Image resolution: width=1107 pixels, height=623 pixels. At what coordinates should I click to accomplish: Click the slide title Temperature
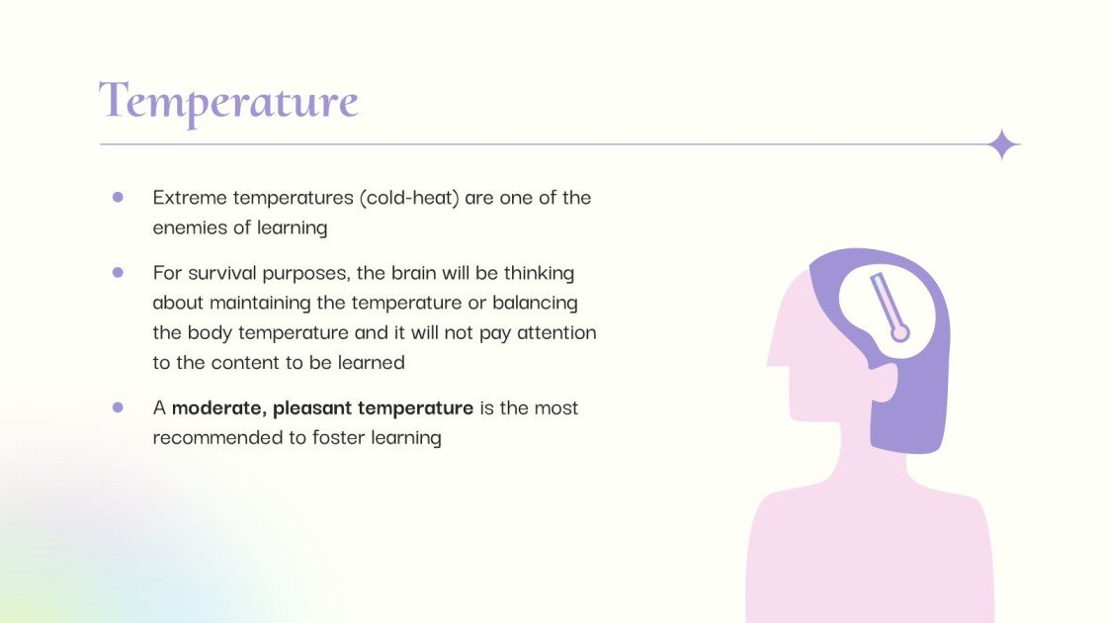[x=228, y=102]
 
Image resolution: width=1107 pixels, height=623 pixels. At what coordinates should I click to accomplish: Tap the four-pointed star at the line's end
[x=1002, y=145]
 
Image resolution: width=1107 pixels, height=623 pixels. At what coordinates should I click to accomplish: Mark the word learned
[x=372, y=362]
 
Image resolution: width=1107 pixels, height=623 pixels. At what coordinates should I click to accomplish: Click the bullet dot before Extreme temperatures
[x=118, y=197]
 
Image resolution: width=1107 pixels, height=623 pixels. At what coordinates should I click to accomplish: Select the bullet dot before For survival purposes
[x=118, y=272]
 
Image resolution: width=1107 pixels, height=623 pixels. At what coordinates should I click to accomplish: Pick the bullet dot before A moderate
[x=118, y=407]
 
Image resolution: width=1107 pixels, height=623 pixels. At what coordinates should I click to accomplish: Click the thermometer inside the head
[x=890, y=308]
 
